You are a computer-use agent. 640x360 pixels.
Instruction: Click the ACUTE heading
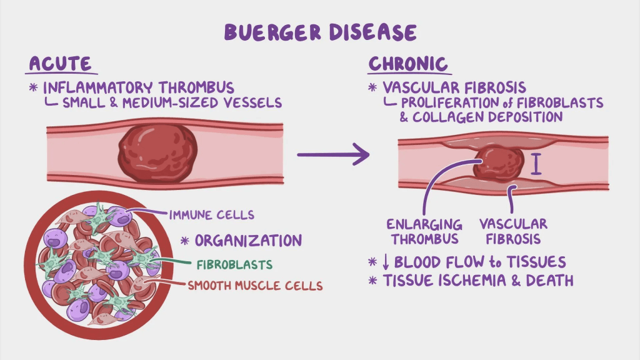coord(60,64)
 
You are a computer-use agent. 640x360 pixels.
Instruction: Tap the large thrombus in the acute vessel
coord(157,152)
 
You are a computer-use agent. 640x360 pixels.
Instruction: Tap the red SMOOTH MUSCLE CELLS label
coord(255,286)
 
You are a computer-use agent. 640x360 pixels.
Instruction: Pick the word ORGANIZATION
coord(248,240)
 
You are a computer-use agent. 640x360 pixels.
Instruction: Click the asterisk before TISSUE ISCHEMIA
coord(373,281)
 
